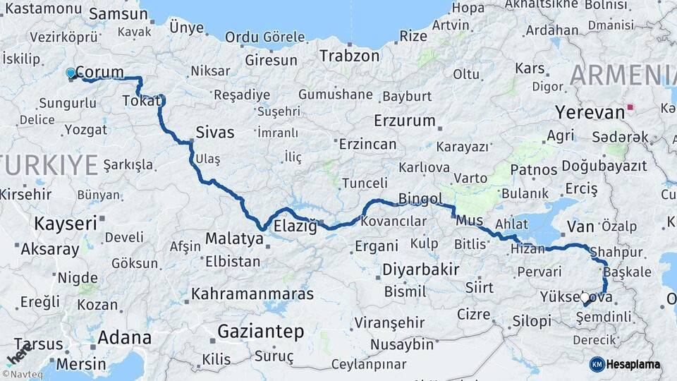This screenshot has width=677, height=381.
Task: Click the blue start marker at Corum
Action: click(70, 73)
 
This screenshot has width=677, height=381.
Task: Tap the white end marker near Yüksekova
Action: click(585, 298)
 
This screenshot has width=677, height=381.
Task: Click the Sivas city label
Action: click(214, 131)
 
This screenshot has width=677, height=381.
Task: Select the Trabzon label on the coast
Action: click(350, 56)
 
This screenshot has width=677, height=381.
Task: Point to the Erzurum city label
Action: click(404, 120)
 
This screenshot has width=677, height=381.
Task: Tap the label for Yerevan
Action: click(590, 111)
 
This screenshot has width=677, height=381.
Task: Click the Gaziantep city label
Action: click(260, 331)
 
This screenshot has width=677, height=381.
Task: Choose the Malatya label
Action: click(233, 239)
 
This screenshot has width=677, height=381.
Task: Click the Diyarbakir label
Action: click(420, 270)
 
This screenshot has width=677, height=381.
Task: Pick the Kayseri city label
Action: click(65, 224)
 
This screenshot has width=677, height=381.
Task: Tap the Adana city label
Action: click(124, 337)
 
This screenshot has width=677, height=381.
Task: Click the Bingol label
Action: click(420, 199)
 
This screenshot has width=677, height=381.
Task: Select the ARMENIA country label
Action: click(623, 75)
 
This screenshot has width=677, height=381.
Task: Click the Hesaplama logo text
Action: click(633, 364)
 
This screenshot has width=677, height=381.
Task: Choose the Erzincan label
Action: click(367, 144)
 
